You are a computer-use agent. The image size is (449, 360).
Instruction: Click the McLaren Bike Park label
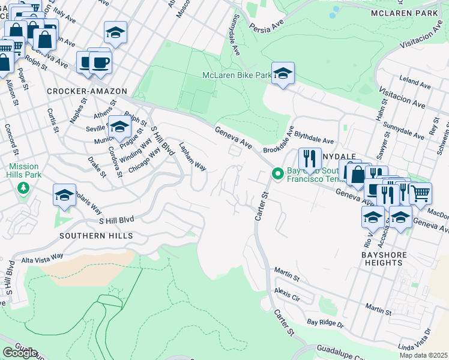pyautogui.click(x=237, y=76)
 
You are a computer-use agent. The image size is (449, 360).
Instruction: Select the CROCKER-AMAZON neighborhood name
pyautogui.click(x=86, y=91)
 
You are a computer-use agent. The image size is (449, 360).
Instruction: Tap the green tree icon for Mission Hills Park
pyautogui.click(x=23, y=189)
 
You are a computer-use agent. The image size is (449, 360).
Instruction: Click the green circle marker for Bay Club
pyautogui.click(x=277, y=174)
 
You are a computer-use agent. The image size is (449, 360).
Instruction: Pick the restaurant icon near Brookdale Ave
pyautogui.click(x=310, y=159)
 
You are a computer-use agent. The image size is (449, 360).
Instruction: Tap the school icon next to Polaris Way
pyautogui.click(x=64, y=195)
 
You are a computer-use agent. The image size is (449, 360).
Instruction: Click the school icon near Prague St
pyautogui.click(x=119, y=127)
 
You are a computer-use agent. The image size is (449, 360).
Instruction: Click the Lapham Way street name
pyautogui.click(x=192, y=157)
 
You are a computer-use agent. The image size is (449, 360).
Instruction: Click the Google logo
pyautogui.click(x=20, y=353)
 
